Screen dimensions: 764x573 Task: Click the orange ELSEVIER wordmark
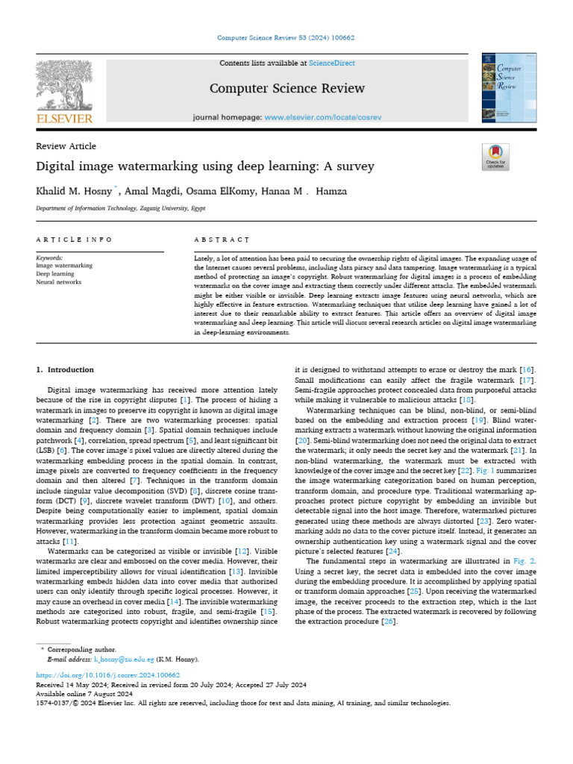click(64, 119)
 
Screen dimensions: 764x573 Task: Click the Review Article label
click(66, 146)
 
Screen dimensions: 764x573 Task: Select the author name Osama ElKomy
click(214, 192)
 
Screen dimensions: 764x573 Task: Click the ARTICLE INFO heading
click(75, 239)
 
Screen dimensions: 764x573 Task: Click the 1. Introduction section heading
click(65, 370)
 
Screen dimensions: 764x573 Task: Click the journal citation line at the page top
click(286, 37)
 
